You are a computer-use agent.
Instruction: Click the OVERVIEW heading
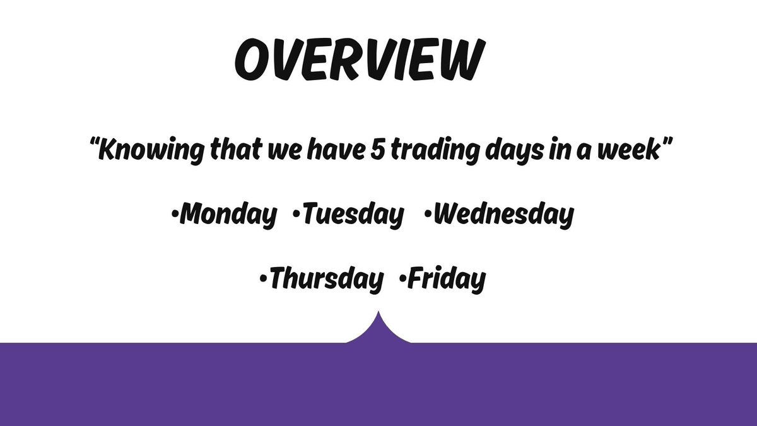[x=358, y=61]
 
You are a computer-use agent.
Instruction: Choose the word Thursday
[x=326, y=279]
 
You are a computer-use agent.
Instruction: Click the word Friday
[x=447, y=279]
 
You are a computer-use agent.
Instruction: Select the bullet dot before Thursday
[x=263, y=279]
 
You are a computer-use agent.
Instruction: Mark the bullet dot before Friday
[x=402, y=279]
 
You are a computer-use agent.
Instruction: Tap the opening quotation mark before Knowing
[x=95, y=146]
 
